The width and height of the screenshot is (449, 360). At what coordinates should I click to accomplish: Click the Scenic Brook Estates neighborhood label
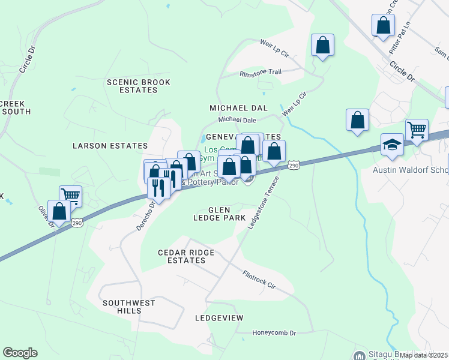[x=139, y=86]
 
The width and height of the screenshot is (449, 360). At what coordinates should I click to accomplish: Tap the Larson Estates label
[x=110, y=146]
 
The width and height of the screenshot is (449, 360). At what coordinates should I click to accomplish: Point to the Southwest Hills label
[x=129, y=307]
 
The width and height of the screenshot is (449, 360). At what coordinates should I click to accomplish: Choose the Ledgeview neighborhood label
[x=217, y=317]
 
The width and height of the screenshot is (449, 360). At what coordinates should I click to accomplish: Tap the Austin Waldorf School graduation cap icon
[x=392, y=145]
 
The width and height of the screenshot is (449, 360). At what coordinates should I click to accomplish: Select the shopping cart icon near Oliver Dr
[x=70, y=195]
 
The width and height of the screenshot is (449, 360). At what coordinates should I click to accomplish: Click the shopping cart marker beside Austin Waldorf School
[x=417, y=129]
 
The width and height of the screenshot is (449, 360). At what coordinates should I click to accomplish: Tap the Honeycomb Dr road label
[x=275, y=333]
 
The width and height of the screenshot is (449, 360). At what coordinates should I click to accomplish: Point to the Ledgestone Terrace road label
[x=264, y=198]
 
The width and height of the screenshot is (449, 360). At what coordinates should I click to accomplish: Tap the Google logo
[x=20, y=353]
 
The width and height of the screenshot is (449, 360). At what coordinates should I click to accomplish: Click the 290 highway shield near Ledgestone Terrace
[x=293, y=165]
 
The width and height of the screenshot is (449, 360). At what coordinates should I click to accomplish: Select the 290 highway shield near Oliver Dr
[x=77, y=223]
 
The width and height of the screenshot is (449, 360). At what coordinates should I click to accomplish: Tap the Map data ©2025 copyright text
[x=424, y=355]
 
